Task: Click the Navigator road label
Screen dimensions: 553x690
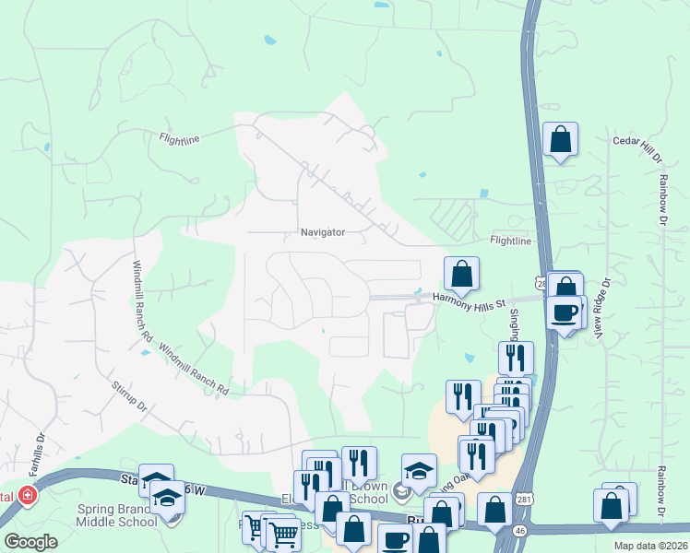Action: pyautogui.click(x=322, y=233)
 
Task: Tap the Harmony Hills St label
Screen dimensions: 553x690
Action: pyautogui.click(x=470, y=303)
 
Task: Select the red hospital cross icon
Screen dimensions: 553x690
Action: pyautogui.click(x=27, y=496)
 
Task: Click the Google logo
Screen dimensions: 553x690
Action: pyautogui.click(x=31, y=542)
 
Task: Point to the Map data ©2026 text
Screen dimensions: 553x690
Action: pyautogui.click(x=651, y=546)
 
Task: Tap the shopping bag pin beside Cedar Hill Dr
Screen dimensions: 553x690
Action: pyautogui.click(x=560, y=140)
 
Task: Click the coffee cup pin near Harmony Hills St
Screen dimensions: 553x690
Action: pyautogui.click(x=565, y=312)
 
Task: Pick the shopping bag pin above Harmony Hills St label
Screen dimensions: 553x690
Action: pyautogui.click(x=461, y=275)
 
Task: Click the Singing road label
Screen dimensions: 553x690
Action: pyautogui.click(x=515, y=323)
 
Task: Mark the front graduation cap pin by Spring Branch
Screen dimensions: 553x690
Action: pyautogui.click(x=168, y=499)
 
